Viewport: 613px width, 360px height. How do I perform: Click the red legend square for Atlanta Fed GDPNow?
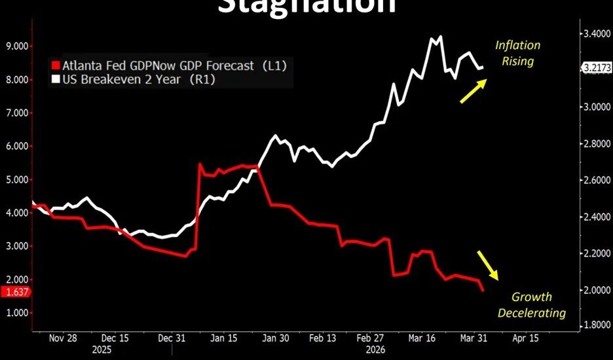click(55, 65)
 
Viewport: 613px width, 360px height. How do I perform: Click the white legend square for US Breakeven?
click(55, 79)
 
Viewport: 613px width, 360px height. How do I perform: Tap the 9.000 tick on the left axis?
click(16, 46)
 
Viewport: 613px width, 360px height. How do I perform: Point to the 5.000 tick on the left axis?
click(16, 179)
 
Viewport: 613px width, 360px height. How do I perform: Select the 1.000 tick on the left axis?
click(16, 313)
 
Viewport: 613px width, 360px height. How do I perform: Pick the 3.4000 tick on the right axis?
click(595, 33)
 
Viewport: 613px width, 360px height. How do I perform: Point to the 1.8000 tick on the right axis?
click(595, 324)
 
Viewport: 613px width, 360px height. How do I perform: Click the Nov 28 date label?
click(63, 338)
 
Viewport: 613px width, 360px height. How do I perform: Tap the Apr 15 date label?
click(525, 338)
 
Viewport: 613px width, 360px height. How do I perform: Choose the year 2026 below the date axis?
click(375, 350)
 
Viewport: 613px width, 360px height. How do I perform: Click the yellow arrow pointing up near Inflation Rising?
click(472, 91)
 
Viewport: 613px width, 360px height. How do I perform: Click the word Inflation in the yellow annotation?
click(517, 46)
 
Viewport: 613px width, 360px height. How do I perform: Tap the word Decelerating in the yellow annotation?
click(531, 313)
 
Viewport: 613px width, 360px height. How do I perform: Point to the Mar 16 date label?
click(422, 338)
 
